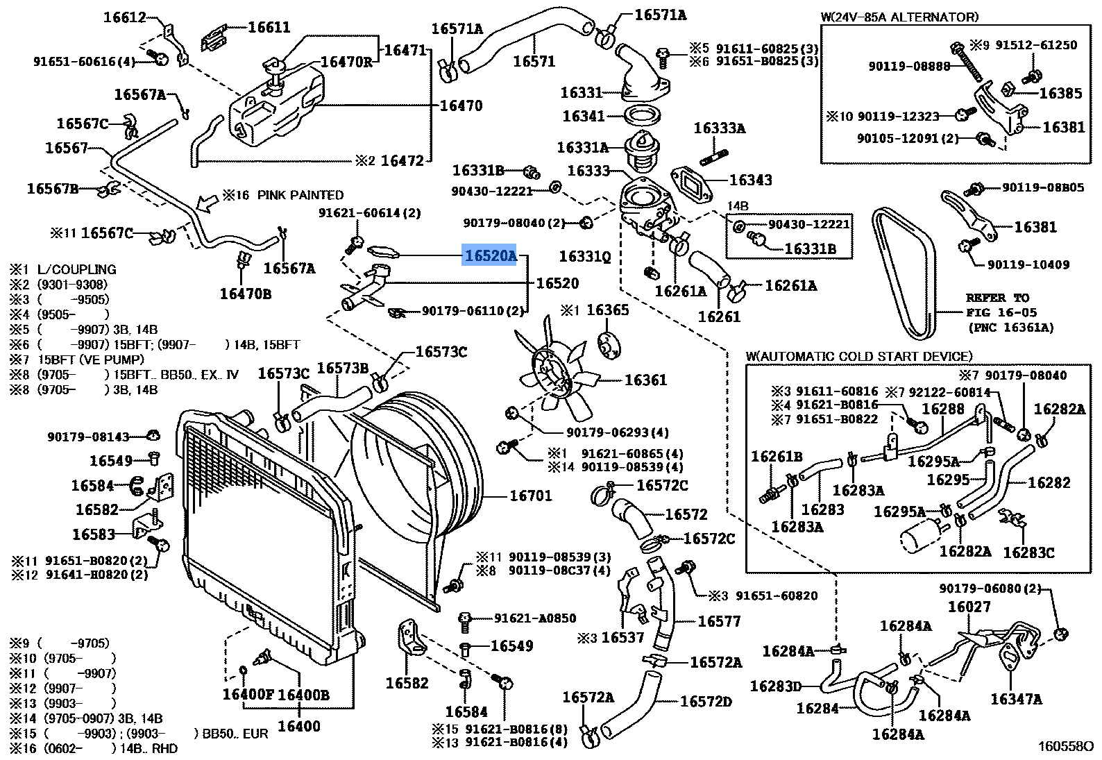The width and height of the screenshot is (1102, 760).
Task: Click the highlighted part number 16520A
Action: point(490,256)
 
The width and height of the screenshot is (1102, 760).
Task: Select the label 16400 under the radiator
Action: point(298,726)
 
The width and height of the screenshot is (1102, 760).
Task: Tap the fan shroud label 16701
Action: point(530,496)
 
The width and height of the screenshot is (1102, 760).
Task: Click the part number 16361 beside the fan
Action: point(645,380)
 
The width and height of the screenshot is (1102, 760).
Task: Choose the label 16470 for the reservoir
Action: point(461,105)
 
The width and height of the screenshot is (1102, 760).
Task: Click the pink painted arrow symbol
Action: point(206,203)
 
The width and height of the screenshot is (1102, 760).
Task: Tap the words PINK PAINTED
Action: point(300,195)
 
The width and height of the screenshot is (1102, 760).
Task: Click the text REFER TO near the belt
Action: point(997,298)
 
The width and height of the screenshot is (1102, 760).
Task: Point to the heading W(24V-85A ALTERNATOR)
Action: point(899,17)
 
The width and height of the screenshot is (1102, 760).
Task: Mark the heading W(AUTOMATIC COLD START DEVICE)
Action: point(859,356)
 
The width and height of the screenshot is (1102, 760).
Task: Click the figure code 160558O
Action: point(1065,746)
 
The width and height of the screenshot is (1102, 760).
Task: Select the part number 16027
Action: point(969,607)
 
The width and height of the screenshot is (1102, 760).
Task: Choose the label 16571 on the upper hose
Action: point(534,61)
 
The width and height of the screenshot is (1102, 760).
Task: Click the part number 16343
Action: point(750,180)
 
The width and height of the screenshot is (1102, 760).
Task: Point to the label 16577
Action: point(719,621)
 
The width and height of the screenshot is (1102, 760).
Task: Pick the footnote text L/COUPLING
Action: point(76,269)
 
